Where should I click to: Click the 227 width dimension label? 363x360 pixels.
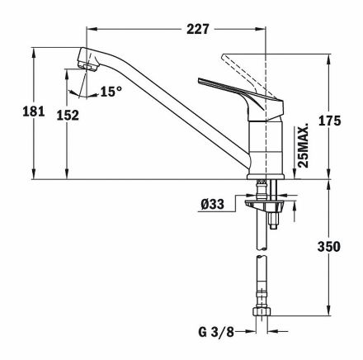pos(198,29)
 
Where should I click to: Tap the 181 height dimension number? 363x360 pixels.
pos(33,111)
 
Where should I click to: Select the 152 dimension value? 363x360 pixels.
pos(68,115)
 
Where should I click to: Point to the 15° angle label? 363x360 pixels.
pos(111,92)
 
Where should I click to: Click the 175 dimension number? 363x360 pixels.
pos(329,121)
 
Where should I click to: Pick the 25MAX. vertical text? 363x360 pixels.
pos(304,146)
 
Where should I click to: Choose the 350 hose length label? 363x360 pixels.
pos(329,247)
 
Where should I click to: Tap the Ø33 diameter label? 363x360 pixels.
pos(212,204)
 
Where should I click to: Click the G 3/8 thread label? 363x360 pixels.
pos(216,332)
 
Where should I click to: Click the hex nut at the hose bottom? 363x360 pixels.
pos(262,311)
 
